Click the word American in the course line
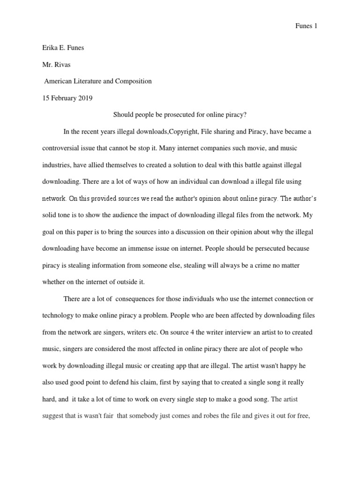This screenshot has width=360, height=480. [59, 81]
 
